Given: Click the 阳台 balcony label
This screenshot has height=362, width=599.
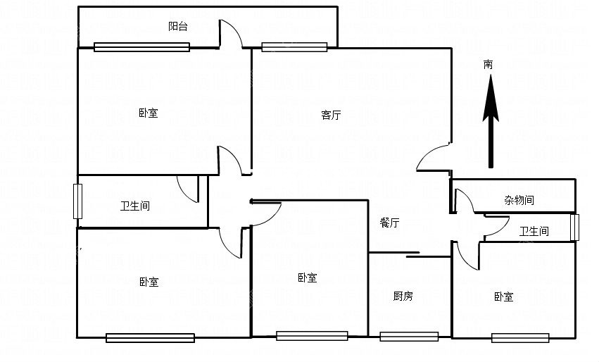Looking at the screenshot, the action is pyautogui.click(x=178, y=26).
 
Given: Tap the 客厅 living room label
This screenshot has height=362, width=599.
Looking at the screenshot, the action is pyautogui.click(x=331, y=115).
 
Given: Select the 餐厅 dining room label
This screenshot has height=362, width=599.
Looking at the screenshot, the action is pyautogui.click(x=390, y=223).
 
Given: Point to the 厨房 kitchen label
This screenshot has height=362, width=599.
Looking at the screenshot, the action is pyautogui.click(x=403, y=296).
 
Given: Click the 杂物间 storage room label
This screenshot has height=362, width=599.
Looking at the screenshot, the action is pyautogui.click(x=519, y=200).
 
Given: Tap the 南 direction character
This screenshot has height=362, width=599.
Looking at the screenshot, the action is pyautogui.click(x=488, y=65).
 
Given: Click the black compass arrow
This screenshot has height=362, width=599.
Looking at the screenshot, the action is pyautogui.click(x=491, y=121).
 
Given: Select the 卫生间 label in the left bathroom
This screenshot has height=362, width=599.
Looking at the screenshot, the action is pyautogui.click(x=135, y=206).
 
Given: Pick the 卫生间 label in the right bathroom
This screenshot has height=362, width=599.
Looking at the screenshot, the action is pyautogui.click(x=534, y=231).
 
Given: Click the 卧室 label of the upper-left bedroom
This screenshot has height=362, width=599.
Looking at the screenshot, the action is pyautogui.click(x=149, y=113).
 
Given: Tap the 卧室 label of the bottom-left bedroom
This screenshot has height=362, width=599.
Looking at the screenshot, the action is pyautogui.click(x=149, y=282).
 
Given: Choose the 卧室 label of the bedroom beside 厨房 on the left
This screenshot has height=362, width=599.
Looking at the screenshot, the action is pyautogui.click(x=308, y=277).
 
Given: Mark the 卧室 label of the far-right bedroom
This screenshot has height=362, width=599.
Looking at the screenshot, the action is pyautogui.click(x=503, y=297).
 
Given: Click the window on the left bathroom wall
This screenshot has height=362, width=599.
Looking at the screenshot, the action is pyautogui.click(x=77, y=201).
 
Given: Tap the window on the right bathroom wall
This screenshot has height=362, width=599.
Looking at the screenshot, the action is pyautogui.click(x=574, y=227).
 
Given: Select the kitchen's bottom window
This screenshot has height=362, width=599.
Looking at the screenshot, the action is pyautogui.click(x=409, y=337).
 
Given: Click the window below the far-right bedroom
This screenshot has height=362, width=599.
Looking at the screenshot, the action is pyautogui.click(x=520, y=338).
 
